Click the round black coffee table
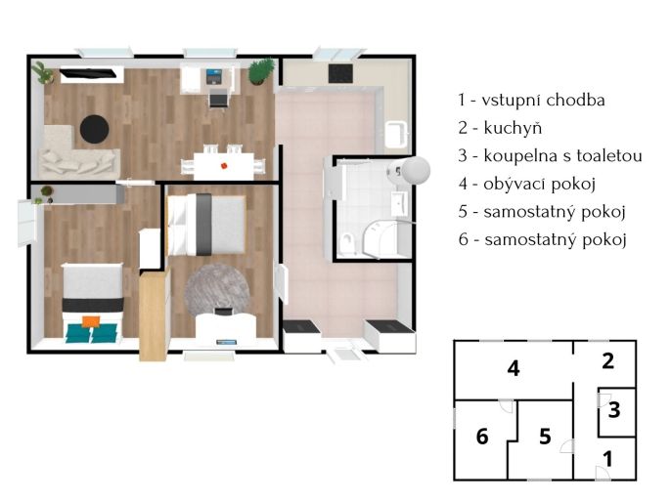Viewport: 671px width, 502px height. [94, 129]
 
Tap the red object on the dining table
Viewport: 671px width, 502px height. [224, 165]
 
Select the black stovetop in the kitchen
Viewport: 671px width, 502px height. [340, 73]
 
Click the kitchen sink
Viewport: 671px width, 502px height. [396, 134]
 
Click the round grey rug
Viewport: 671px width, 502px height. [217, 288]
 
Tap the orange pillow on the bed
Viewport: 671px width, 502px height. [91, 321]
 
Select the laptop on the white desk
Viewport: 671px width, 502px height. [214, 76]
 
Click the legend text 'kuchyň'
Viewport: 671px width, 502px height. [513, 128]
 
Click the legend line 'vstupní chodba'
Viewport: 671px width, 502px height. [531, 100]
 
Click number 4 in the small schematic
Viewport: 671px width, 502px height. [514, 368]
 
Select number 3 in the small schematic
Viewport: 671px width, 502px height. [614, 410]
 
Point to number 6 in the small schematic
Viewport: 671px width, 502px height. [482, 437]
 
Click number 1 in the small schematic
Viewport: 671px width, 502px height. [607, 459]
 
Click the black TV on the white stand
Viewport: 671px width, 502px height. [88, 73]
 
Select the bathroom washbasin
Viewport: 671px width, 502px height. [399, 203]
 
